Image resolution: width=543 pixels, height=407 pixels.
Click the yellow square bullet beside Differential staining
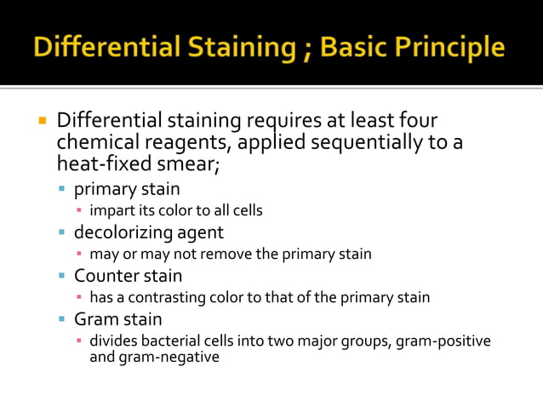(41, 119)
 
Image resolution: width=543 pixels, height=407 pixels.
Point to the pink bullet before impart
(79, 210)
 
